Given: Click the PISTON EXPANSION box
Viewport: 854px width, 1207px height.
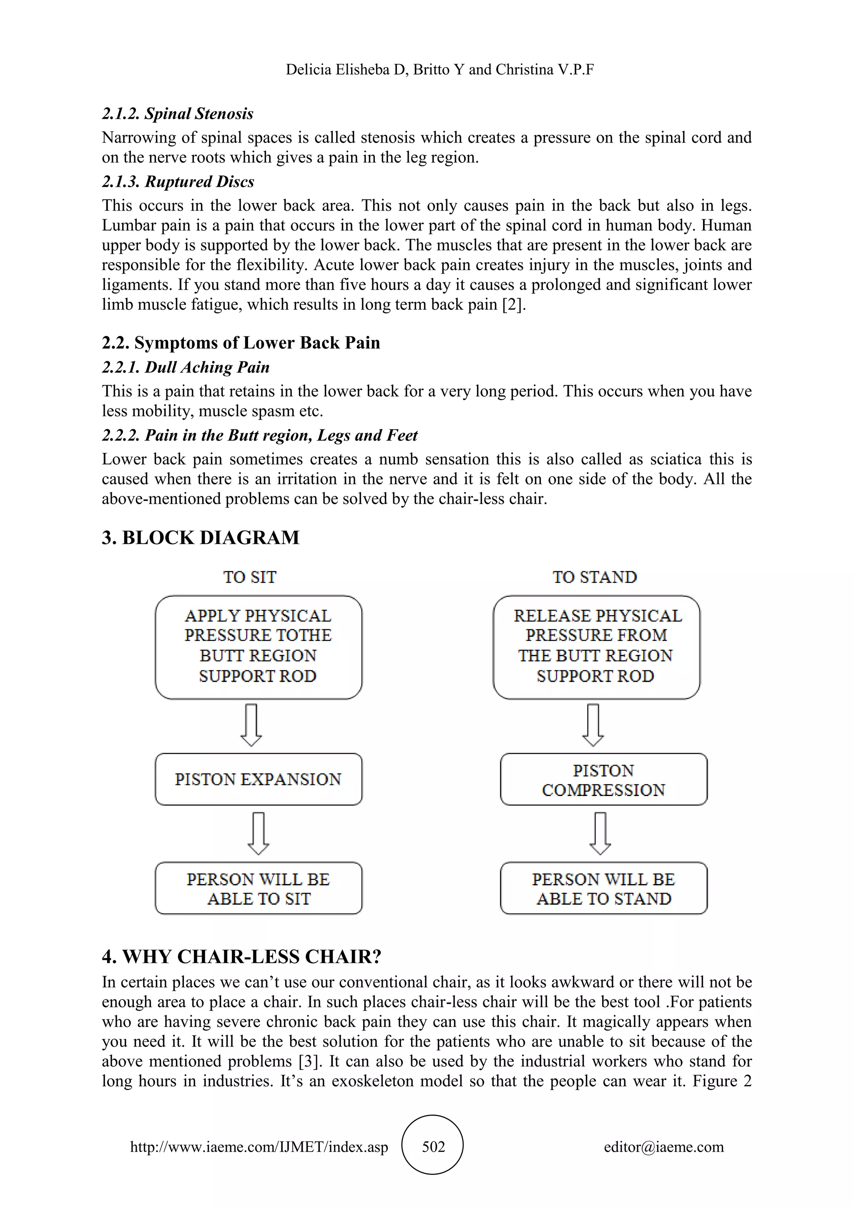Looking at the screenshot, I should point(258,779).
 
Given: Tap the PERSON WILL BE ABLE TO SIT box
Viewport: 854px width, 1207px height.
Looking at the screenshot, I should point(258,889).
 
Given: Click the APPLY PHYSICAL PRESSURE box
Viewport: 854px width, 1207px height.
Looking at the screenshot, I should point(258,646).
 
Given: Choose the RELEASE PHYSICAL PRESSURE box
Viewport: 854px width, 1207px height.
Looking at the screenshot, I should point(596,646).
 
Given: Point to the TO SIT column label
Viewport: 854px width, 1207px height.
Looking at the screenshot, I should point(250,577).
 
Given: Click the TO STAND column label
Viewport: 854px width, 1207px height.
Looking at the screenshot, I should point(595,577).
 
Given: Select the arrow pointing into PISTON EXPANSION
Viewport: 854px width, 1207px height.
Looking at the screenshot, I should point(251,725).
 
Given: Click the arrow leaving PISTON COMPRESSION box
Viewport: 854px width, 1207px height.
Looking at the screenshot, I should point(600,834).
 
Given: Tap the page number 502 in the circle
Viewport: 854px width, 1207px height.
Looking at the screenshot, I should point(433,1147).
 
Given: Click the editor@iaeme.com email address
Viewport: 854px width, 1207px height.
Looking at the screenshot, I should point(663,1147).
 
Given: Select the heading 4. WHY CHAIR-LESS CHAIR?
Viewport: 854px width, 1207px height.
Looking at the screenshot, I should point(241,956).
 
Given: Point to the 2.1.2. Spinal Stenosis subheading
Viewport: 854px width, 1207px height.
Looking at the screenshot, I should point(178,113).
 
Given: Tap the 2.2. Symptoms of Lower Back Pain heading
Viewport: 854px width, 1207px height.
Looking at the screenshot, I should point(241,343).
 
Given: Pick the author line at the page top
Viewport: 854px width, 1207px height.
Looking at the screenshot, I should point(440,69).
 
